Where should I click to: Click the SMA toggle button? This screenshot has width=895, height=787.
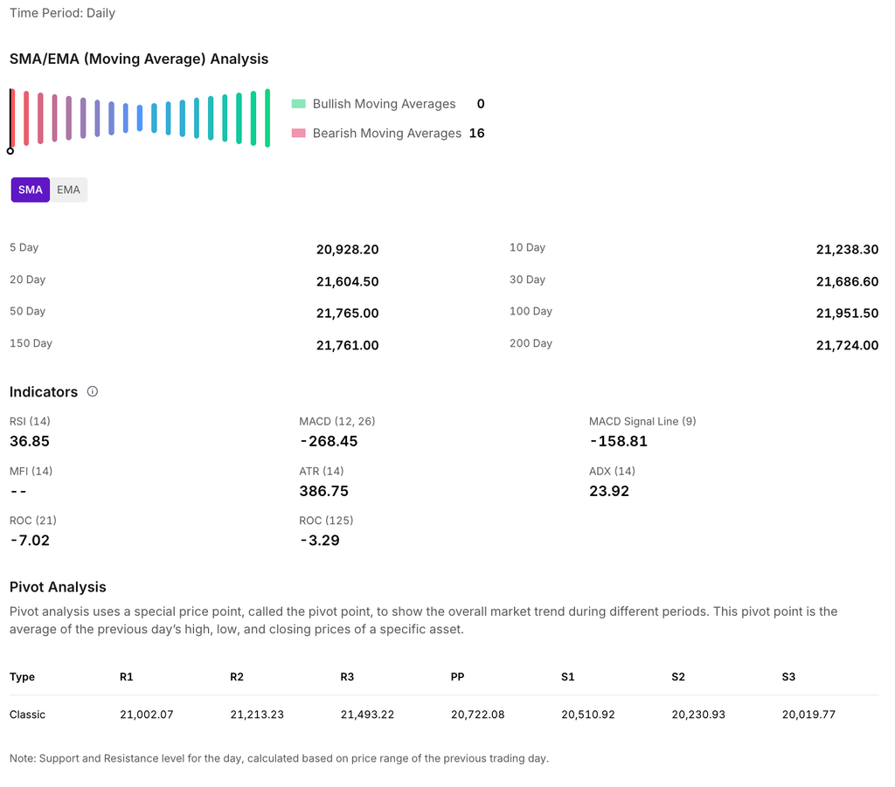[x=31, y=190]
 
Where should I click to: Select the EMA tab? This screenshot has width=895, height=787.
[x=68, y=190]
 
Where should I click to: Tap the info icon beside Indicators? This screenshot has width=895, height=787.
[x=93, y=391]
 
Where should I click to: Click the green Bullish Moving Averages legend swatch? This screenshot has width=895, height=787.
[x=299, y=104]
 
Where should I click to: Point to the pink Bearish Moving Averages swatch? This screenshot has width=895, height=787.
[x=299, y=134]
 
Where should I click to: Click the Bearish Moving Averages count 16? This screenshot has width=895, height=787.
[x=476, y=133]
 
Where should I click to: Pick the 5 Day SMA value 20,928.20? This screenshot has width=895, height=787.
[x=347, y=250]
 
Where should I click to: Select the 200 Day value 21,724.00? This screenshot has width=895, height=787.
[x=847, y=345]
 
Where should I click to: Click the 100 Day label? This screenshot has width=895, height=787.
[x=531, y=312]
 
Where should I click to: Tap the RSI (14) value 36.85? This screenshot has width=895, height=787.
[x=30, y=441]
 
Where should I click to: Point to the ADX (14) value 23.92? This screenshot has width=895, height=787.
[x=609, y=491]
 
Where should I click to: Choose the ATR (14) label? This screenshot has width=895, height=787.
[x=322, y=471]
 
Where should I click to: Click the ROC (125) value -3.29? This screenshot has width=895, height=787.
[x=319, y=541]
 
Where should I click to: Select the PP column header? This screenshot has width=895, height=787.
[x=457, y=677]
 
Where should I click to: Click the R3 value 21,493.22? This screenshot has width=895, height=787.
[x=367, y=715]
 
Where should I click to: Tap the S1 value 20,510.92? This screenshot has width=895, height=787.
[x=588, y=715]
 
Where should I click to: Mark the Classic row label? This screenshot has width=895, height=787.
[x=27, y=715]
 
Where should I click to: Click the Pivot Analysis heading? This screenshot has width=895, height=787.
[x=58, y=587]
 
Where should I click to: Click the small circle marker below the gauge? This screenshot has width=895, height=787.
[x=10, y=151]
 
